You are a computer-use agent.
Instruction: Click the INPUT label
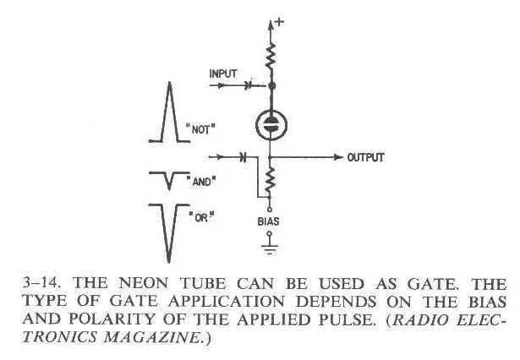tap(224, 74)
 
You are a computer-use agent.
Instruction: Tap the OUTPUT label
tap(366, 157)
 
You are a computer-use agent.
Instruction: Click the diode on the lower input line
tap(243, 157)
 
